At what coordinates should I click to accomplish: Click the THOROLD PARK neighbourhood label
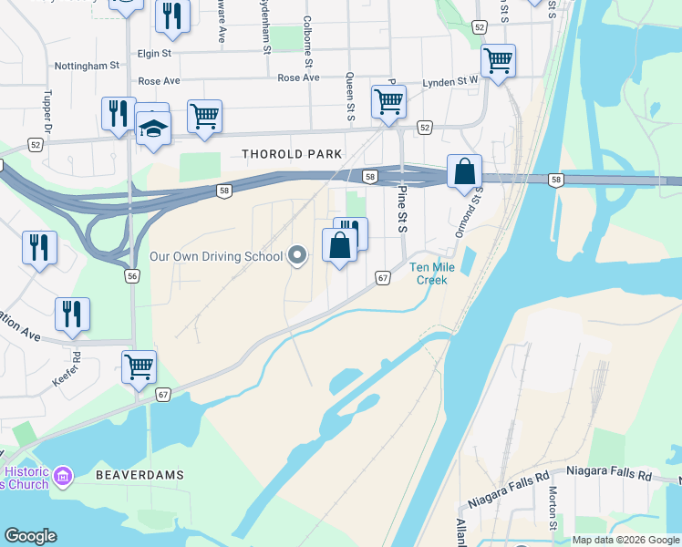(x=289, y=154)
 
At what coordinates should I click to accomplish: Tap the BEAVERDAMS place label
(x=140, y=475)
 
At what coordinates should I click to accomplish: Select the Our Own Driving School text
(x=216, y=256)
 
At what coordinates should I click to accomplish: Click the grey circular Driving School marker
(x=297, y=256)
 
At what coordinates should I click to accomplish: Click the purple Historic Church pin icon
(x=63, y=475)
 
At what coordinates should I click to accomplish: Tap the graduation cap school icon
(x=153, y=129)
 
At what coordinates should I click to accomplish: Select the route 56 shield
(x=133, y=275)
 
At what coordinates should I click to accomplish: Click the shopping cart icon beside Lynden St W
(x=498, y=61)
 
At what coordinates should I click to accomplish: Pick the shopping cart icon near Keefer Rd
(x=139, y=367)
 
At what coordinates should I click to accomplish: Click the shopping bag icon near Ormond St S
(x=464, y=171)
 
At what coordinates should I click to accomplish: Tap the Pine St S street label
(x=401, y=209)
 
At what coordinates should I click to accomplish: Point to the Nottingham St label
(x=87, y=66)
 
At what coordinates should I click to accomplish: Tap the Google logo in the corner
(x=30, y=536)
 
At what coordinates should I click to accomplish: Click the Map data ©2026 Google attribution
(x=625, y=540)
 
